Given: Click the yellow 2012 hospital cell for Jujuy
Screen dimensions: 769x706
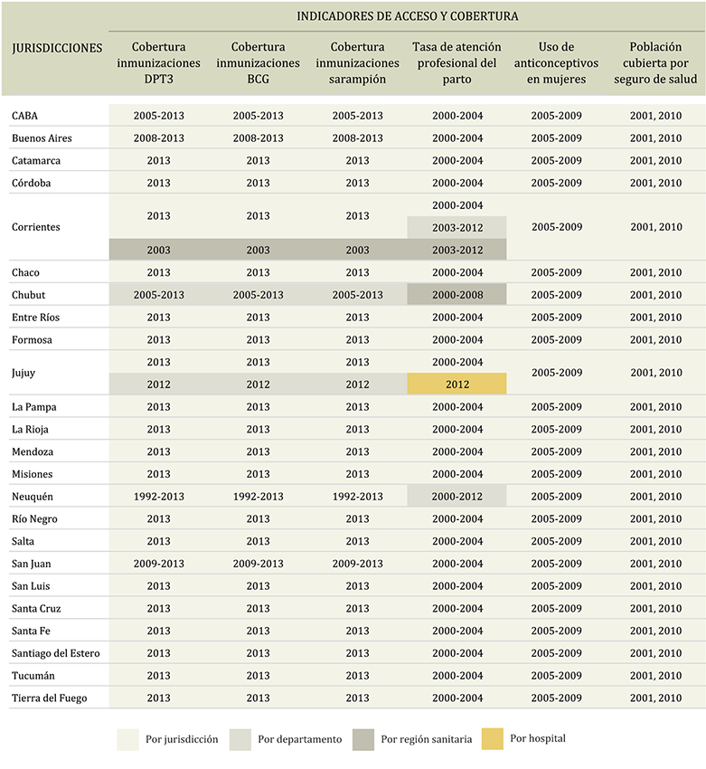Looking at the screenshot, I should coord(457,384).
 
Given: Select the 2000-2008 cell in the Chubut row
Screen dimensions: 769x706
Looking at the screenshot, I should coord(457,295).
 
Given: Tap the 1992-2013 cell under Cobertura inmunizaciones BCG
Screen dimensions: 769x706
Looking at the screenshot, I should coord(258,497).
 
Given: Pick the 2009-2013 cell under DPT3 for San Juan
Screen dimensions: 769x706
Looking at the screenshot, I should coord(158,564).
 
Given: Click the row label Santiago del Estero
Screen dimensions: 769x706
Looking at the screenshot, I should coord(56,653).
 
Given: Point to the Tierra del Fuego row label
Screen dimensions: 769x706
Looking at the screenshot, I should coord(49,698).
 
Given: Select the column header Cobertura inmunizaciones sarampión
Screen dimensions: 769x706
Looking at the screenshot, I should coord(357,63).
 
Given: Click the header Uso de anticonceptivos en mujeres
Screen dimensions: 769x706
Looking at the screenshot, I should coord(556,63).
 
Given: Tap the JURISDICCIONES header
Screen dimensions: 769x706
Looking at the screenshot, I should coord(58,48).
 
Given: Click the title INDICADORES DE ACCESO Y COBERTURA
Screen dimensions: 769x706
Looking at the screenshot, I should coord(407,16).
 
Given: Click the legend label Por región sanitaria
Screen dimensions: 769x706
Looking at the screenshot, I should coord(426,739).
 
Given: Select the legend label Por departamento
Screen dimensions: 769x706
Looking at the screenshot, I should coord(299,739).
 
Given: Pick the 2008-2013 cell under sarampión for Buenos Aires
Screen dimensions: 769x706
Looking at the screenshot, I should coord(357,138).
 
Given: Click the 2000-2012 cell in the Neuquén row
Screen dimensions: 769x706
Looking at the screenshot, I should coord(457,497).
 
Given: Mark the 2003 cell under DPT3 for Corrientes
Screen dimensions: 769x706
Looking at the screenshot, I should coord(158,250).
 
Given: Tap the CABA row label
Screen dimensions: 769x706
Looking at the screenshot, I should coord(25,116).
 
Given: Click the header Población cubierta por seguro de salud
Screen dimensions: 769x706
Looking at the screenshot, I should coord(655,63).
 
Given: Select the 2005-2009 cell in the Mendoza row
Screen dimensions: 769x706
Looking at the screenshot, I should coord(556,451).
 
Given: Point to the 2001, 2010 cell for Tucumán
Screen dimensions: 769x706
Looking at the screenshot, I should coord(655,676).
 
